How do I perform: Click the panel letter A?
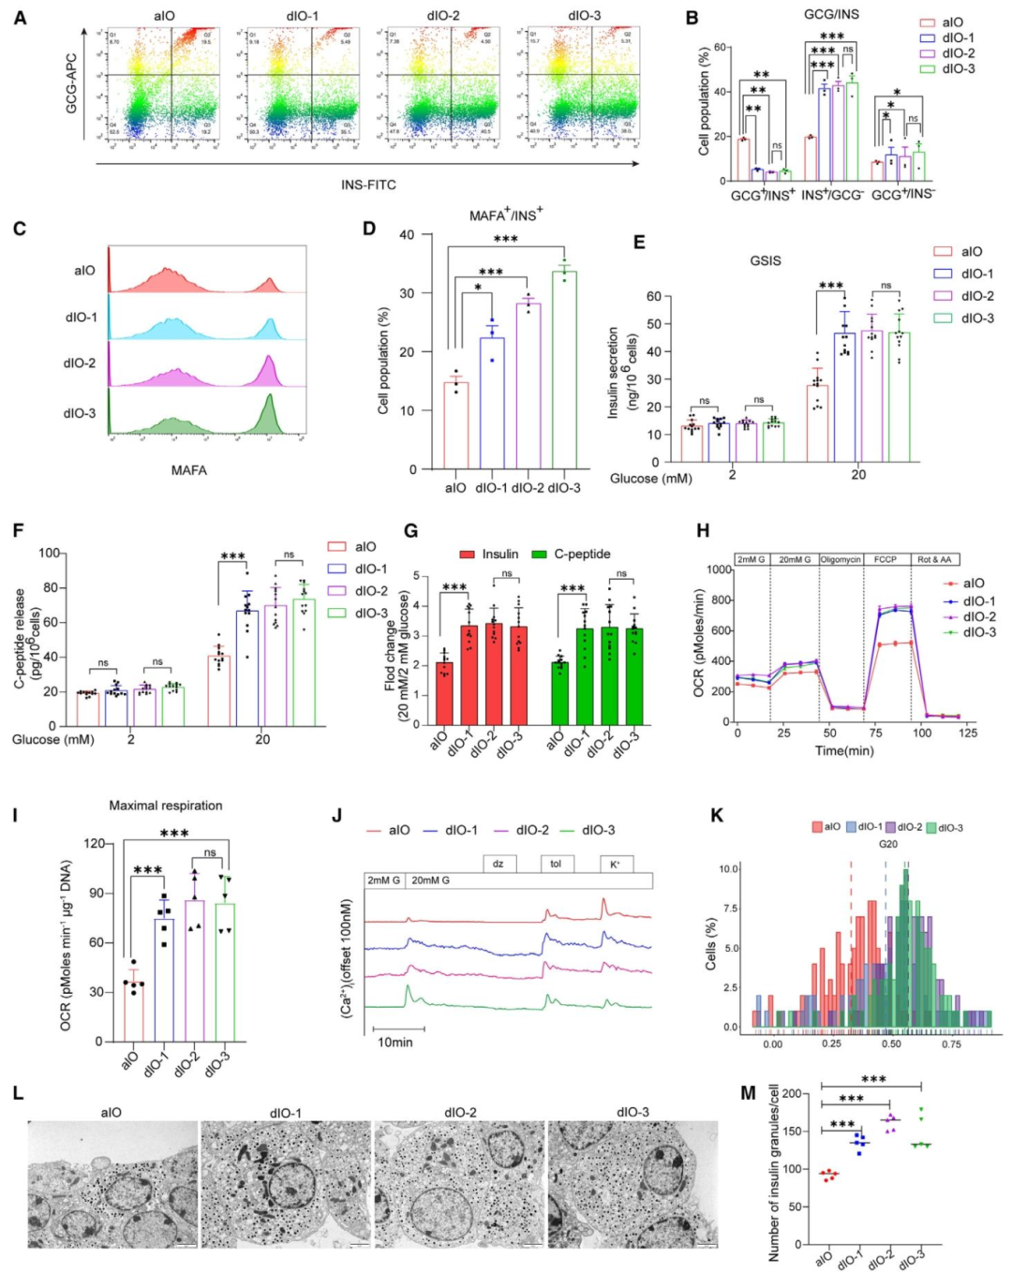point(20,16)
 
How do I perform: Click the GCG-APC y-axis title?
point(71,83)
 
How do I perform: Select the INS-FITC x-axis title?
point(367,185)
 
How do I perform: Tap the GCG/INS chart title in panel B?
point(830,14)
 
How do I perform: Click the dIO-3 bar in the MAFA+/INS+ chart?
point(564,370)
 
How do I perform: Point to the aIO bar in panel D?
point(455,425)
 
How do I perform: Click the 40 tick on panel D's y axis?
point(407,235)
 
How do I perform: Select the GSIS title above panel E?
point(765,260)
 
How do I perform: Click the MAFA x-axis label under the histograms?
point(188,470)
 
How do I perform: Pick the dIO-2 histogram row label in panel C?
point(80,363)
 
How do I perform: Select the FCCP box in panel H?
point(885,559)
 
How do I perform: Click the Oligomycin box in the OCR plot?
point(841,559)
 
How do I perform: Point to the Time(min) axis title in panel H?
point(843,750)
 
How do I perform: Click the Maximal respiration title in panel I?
point(166,806)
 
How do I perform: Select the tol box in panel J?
point(556,864)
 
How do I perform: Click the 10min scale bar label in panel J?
point(394,1042)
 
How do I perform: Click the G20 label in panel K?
point(887,844)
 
